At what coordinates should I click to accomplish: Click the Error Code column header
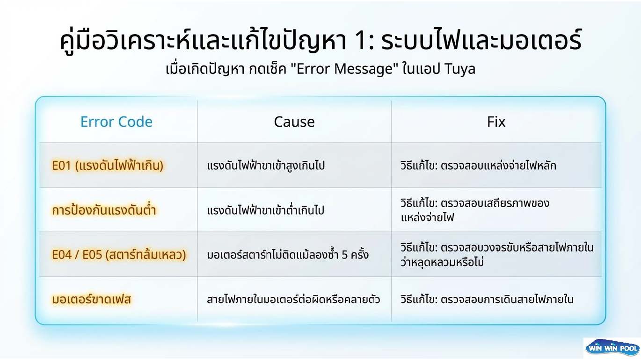click(x=116, y=122)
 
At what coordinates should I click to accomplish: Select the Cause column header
click(x=294, y=122)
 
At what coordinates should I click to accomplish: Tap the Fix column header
click(x=496, y=122)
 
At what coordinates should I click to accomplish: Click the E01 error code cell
click(x=108, y=166)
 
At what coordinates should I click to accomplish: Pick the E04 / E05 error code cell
click(x=119, y=254)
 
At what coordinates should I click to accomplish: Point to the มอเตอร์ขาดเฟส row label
click(x=92, y=299)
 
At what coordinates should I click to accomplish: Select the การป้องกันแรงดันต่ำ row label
click(x=104, y=209)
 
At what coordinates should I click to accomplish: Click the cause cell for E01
click(x=266, y=166)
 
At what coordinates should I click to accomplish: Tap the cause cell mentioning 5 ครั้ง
click(x=288, y=254)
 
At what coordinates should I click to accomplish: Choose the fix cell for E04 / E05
click(x=497, y=254)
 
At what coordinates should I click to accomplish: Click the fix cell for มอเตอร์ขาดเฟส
click(x=487, y=299)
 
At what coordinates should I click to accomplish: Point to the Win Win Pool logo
click(x=612, y=348)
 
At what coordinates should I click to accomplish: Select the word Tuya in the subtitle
click(x=460, y=69)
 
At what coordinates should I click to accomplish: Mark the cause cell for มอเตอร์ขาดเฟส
click(x=293, y=299)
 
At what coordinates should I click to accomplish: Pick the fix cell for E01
click(x=478, y=166)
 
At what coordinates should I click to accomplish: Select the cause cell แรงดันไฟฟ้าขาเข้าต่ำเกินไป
click(x=266, y=209)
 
